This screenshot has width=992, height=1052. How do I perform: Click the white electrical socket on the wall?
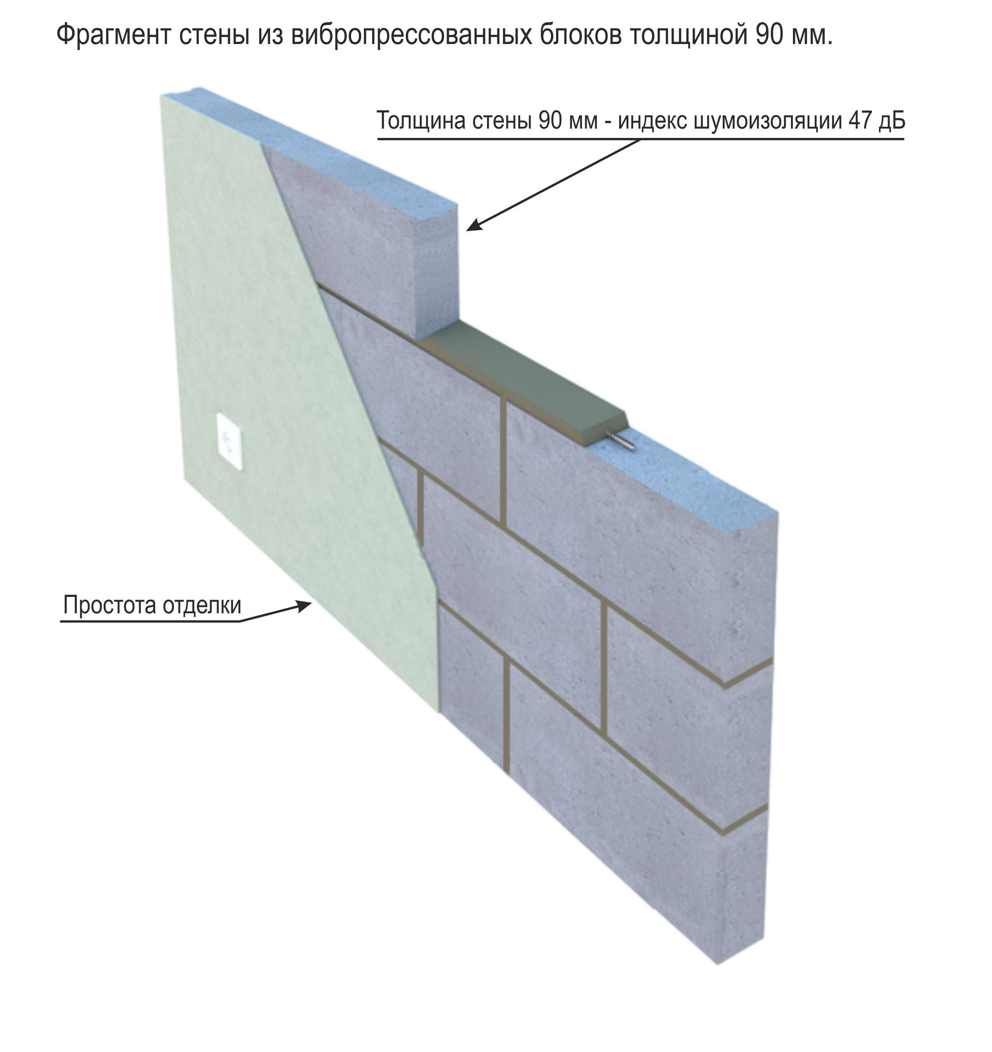pos(231,442)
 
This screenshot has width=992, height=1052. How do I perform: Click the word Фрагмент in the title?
pos(113,35)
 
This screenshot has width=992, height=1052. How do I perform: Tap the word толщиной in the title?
pos(684,35)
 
